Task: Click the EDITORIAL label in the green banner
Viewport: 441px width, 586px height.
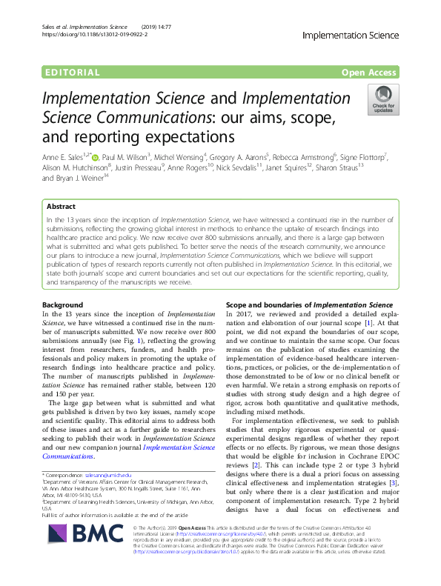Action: [x=72, y=73]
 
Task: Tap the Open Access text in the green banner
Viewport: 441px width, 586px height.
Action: [x=370, y=73]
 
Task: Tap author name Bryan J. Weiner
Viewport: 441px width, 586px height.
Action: [x=79, y=179]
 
